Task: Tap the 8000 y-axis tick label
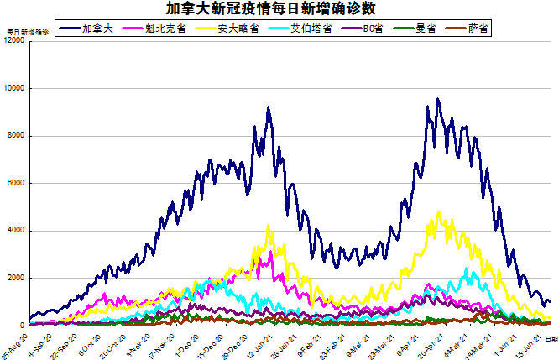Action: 15,136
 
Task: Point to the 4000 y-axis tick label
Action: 15,231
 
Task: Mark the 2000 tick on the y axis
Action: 15,278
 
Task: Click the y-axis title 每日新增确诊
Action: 27,31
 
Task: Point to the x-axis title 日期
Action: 551,338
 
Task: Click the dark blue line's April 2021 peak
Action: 438,100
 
